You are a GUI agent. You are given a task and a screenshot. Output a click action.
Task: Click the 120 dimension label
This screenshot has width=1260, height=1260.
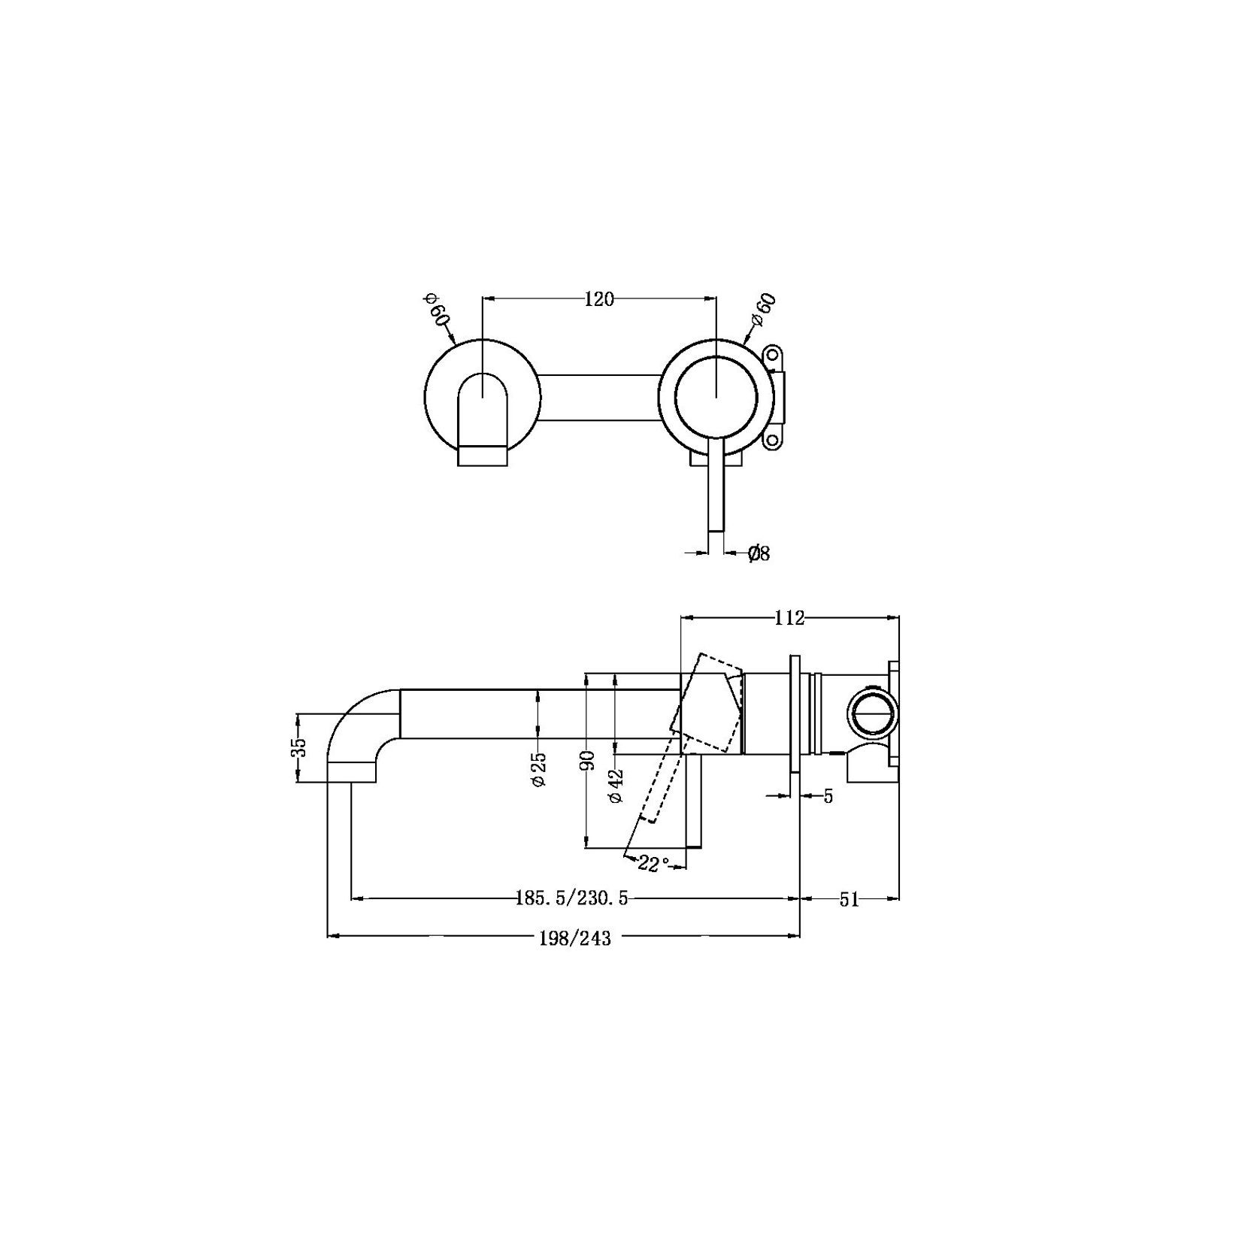tap(598, 299)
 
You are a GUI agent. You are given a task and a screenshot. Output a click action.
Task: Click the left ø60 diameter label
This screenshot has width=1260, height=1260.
tap(438, 309)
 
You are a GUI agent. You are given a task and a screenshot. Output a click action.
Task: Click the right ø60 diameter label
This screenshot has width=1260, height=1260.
tap(764, 309)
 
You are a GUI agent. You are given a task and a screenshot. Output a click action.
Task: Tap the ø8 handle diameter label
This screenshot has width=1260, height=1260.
tap(759, 554)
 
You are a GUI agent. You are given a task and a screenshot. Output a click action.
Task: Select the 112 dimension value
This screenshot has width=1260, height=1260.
tap(789, 618)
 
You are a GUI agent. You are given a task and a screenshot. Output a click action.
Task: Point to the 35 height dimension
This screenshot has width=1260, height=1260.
tap(299, 747)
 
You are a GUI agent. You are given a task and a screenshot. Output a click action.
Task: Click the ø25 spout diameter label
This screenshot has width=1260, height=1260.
tap(539, 770)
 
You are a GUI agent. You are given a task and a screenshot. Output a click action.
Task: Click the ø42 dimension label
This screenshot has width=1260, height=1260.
tap(616, 786)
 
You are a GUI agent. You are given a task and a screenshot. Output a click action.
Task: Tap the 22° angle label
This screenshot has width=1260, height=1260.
tap(653, 864)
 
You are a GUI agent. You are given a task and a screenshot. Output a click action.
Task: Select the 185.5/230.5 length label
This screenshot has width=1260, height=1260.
tap(571, 898)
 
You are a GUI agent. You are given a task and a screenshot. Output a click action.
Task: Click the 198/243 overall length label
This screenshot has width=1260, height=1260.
tap(575, 938)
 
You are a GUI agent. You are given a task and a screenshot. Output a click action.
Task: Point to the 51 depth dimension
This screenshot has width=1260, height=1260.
tap(849, 900)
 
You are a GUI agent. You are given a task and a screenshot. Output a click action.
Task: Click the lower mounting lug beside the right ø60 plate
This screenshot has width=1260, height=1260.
tap(773, 438)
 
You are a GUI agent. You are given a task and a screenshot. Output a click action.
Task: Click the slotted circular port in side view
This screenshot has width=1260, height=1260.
tap(872, 713)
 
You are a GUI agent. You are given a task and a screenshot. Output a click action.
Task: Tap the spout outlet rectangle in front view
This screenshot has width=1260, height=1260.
tap(483, 455)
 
